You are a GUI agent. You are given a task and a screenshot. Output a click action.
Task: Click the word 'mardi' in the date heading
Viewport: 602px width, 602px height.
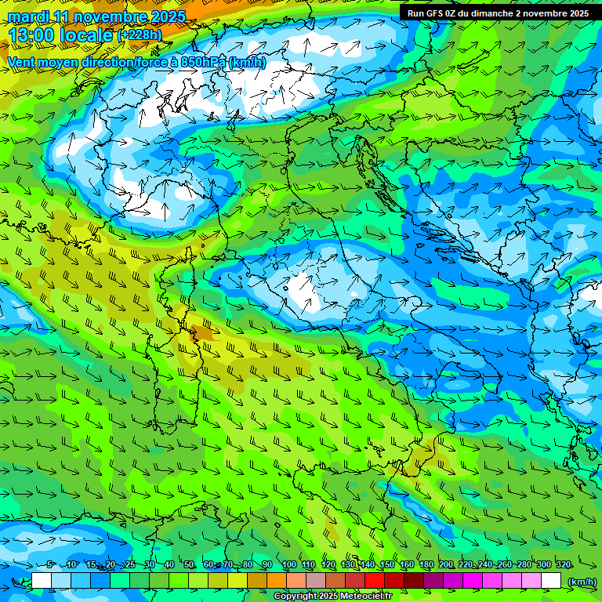coord(27,16)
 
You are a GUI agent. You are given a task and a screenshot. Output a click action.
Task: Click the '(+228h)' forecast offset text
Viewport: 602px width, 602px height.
coord(140,34)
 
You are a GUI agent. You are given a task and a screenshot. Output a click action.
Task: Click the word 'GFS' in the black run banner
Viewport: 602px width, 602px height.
coord(436,13)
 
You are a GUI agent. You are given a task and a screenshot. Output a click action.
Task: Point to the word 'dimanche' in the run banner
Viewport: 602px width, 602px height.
coord(492,13)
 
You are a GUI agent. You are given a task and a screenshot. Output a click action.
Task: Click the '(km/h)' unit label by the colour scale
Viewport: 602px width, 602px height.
coord(581,582)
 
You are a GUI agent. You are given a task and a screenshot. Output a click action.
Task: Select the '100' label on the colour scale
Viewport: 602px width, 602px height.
coord(288,565)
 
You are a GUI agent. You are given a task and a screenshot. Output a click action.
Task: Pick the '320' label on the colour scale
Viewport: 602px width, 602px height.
coord(564,565)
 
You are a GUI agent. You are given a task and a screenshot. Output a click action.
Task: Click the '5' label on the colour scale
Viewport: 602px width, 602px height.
coord(49,565)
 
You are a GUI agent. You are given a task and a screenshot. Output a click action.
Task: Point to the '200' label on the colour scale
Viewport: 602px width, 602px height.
coord(446,565)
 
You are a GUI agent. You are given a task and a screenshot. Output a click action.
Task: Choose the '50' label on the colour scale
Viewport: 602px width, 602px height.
coord(189,565)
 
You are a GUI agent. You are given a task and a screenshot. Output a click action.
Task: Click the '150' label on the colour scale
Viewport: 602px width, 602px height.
coord(387,565)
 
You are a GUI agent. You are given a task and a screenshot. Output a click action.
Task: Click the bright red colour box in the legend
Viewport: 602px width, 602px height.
coord(375,581)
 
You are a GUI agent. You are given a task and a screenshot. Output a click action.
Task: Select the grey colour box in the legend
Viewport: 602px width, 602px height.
coord(317,581)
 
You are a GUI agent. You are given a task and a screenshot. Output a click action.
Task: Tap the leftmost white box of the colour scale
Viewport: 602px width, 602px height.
coord(42,581)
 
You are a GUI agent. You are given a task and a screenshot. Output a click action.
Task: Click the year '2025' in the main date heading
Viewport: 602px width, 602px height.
coord(168,16)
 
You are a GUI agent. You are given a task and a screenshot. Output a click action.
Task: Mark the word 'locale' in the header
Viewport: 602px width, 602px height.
coord(85,35)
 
